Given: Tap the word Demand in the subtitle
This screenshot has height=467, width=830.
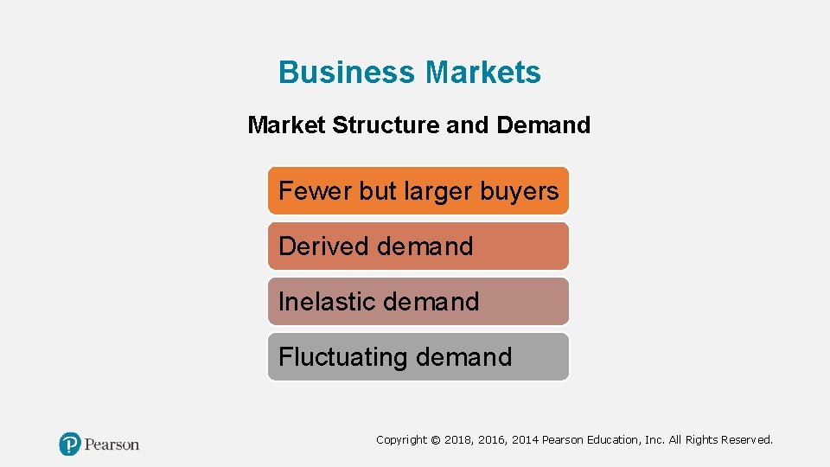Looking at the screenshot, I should point(544,125).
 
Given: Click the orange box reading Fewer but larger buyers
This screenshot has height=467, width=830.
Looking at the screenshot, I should point(418,190).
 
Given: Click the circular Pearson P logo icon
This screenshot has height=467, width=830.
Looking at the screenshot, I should point(69,445).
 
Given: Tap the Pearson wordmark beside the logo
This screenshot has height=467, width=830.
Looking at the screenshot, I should point(112,445).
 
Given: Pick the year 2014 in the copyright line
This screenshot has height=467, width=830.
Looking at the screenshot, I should point(524,440).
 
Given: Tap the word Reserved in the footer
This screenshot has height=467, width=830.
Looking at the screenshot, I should point(745,440).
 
